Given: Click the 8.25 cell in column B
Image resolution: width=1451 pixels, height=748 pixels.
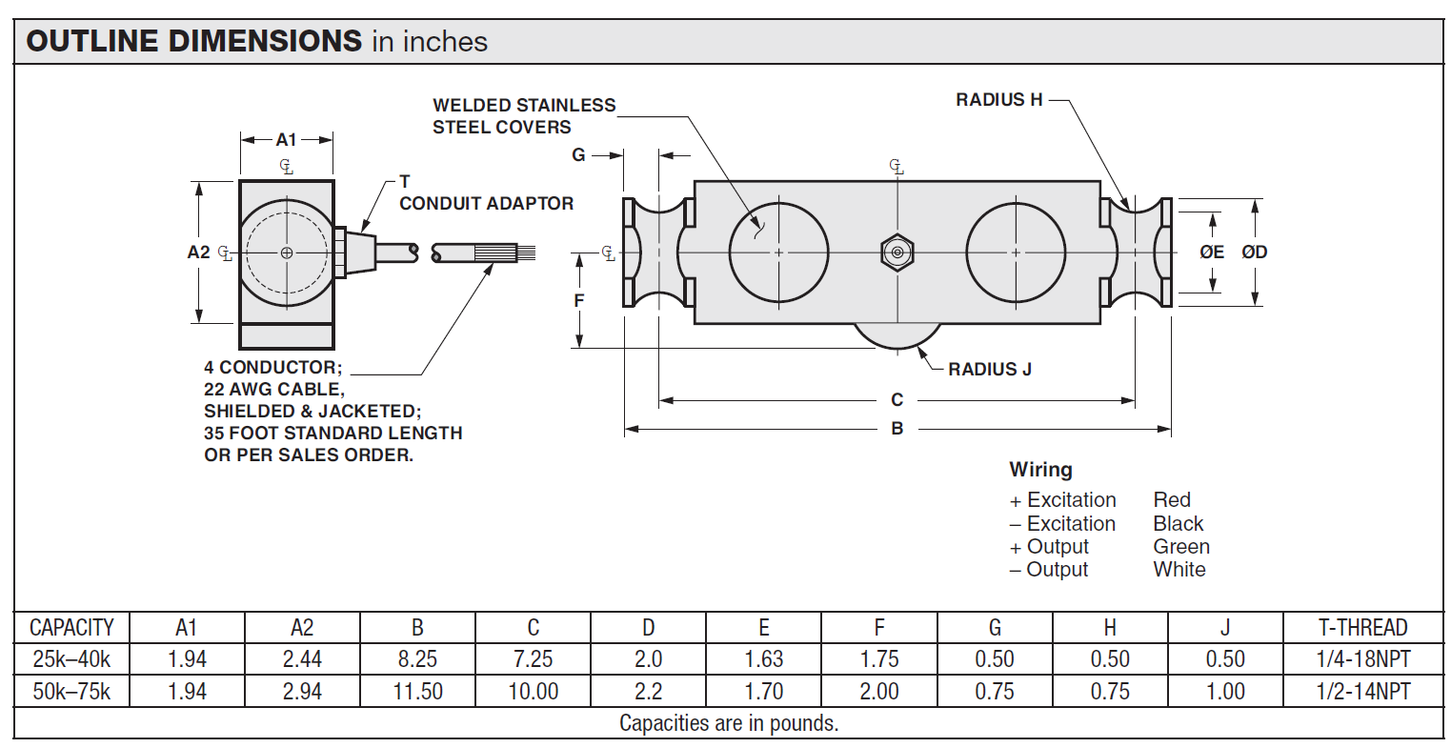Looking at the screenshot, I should (417, 659).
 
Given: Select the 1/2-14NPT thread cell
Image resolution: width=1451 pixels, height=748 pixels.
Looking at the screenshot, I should (1362, 692).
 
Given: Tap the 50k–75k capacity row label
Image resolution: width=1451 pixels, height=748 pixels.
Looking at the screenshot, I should (71, 692).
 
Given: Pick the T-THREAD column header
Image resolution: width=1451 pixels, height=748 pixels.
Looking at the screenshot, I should (1362, 628).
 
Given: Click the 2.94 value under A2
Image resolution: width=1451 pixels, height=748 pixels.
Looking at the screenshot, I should (302, 692).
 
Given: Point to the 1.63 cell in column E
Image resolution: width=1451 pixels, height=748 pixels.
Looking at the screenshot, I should (763, 659).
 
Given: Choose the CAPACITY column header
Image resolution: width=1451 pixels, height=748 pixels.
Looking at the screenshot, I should (71, 628).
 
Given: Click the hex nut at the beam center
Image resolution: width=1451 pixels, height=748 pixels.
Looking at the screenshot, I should (897, 253).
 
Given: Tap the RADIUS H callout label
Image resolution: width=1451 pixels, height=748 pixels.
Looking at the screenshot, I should (998, 100).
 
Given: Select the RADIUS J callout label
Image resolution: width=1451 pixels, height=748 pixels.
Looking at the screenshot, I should (989, 370).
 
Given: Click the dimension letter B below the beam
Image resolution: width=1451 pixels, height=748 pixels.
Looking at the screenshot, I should (897, 429).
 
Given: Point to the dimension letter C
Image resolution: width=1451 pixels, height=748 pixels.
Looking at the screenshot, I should (897, 400).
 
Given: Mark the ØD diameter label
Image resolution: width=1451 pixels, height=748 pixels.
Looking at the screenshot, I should (1254, 253).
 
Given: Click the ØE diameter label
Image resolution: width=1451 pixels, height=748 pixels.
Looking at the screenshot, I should (1212, 253).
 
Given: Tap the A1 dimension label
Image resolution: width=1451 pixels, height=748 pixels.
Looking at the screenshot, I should (287, 140).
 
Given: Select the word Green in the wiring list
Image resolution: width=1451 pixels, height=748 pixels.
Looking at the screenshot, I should (1181, 547).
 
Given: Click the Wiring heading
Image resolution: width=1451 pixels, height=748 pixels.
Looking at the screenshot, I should (1040, 470).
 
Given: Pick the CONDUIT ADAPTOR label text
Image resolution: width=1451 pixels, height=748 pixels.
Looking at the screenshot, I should (486, 204).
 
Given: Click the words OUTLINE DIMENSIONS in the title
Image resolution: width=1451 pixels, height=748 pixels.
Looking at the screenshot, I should (194, 41).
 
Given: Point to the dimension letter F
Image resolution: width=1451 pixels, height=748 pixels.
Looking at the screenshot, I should (579, 301).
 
